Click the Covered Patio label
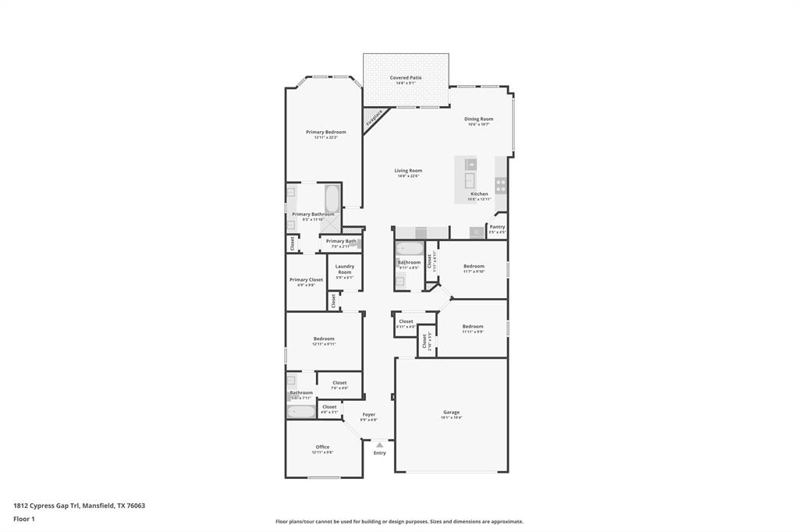[406, 78]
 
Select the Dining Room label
[479, 119]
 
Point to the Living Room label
[408, 171]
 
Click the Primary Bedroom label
[325, 133]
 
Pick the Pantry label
[497, 227]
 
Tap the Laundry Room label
[345, 269]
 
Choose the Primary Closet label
[306, 279]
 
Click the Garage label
[452, 412]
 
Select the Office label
[322, 447]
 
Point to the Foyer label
[368, 414]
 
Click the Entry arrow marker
[380, 445]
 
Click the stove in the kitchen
[500, 186]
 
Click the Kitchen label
[479, 194]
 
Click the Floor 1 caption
[23, 519]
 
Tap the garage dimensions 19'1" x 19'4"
[452, 418]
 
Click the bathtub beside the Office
[300, 411]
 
